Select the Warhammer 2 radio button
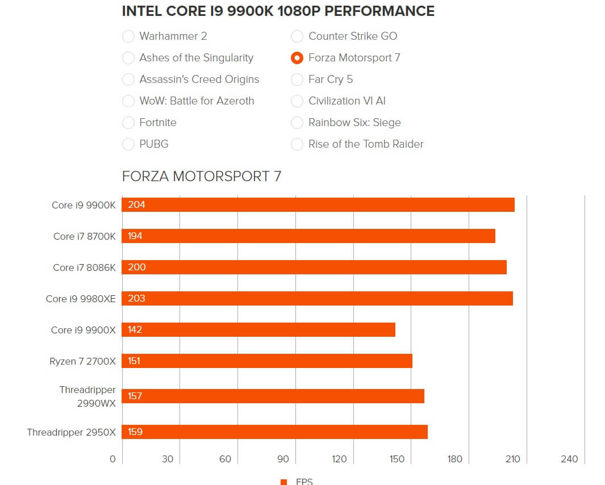click(128, 36)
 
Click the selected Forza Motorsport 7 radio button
click(297, 58)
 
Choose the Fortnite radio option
click(128, 123)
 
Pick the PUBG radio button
click(128, 144)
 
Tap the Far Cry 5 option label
click(330, 80)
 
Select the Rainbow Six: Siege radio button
click(297, 123)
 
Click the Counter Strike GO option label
click(352, 36)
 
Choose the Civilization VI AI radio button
click(297, 101)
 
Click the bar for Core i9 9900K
click(318, 205)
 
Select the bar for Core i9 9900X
click(258, 330)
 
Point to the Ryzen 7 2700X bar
click(267, 361)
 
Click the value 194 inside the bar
click(135, 236)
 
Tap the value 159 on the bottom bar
click(135, 432)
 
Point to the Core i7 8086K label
click(84, 267)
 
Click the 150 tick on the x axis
click(397, 459)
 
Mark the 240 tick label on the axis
click(569, 459)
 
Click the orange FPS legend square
click(284, 482)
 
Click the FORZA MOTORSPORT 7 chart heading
click(202, 176)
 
